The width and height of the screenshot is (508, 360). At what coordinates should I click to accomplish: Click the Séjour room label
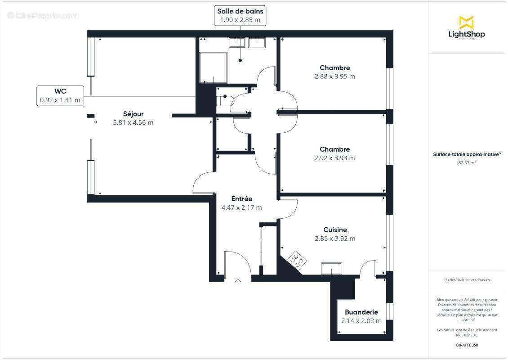tap(133, 114)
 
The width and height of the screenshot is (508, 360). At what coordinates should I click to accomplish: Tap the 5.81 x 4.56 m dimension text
tap(133, 122)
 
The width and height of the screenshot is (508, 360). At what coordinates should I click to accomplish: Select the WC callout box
tap(60, 96)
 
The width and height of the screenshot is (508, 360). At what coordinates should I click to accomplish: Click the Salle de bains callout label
tap(240, 11)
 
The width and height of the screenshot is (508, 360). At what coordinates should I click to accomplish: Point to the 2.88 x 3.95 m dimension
tap(334, 76)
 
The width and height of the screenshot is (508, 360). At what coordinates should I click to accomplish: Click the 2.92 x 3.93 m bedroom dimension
tap(334, 158)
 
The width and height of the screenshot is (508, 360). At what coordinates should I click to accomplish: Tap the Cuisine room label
tap(335, 230)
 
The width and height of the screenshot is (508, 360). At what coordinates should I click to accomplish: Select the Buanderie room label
tap(361, 312)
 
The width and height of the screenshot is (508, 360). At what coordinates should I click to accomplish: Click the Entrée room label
tap(241, 199)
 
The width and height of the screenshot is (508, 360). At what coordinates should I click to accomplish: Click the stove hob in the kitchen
tap(296, 259)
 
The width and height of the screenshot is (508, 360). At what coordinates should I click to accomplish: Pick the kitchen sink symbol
tap(331, 269)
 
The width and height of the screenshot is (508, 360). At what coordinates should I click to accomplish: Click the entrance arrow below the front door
tap(238, 282)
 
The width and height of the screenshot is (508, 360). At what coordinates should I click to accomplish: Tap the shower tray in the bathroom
tap(214, 67)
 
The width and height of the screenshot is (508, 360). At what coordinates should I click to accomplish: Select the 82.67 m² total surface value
tap(467, 163)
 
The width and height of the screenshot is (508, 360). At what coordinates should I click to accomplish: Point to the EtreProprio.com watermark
tap(43, 16)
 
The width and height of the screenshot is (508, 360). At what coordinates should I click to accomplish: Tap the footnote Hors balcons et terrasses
tap(467, 280)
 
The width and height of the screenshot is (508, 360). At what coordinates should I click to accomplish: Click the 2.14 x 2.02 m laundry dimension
tap(361, 321)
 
